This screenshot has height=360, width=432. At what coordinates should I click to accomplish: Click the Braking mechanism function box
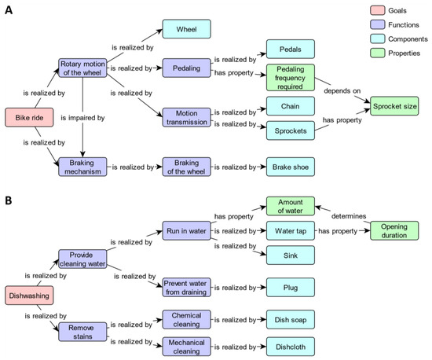pos(81,167)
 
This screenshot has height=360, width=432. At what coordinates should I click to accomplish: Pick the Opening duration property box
pos(394,230)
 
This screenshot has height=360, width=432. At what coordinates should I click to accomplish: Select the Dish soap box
pos(290,320)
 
